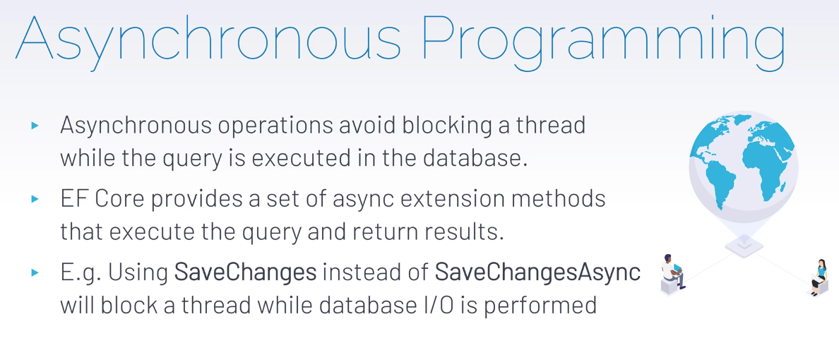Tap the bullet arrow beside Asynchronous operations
click(x=35, y=126)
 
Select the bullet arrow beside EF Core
click(x=35, y=199)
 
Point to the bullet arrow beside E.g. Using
click(x=35, y=272)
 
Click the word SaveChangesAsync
click(x=537, y=272)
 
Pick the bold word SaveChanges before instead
click(x=246, y=272)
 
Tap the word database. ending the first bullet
click(x=475, y=160)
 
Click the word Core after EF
click(x=121, y=199)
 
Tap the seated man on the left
click(x=673, y=274)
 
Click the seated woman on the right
click(x=818, y=277)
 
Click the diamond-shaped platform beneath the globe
click(x=744, y=246)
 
